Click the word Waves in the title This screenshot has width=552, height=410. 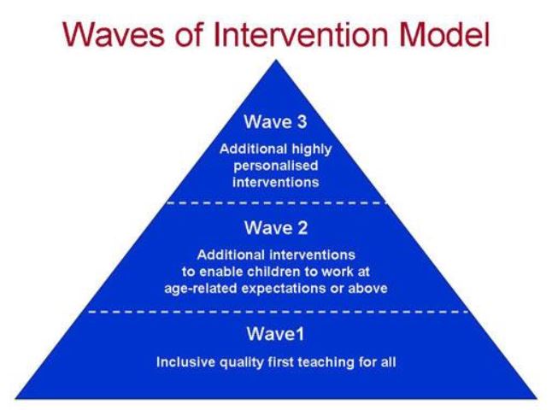[x=114, y=34]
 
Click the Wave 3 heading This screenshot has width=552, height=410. [x=276, y=122]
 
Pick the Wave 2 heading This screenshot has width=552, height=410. [x=276, y=228]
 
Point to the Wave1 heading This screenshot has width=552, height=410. [x=275, y=334]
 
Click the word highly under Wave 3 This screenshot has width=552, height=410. [x=312, y=149]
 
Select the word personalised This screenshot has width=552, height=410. [x=276, y=166]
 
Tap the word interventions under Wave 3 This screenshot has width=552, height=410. [x=276, y=182]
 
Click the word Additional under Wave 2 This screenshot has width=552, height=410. [x=231, y=255]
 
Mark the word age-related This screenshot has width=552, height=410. [x=201, y=289]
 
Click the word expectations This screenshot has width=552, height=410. [x=284, y=289]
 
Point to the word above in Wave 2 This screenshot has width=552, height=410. [x=368, y=289]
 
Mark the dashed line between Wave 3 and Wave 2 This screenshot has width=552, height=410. [x=277, y=203]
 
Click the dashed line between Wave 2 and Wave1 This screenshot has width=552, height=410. [x=278, y=312]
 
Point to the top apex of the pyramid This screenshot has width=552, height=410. [x=276, y=60]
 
